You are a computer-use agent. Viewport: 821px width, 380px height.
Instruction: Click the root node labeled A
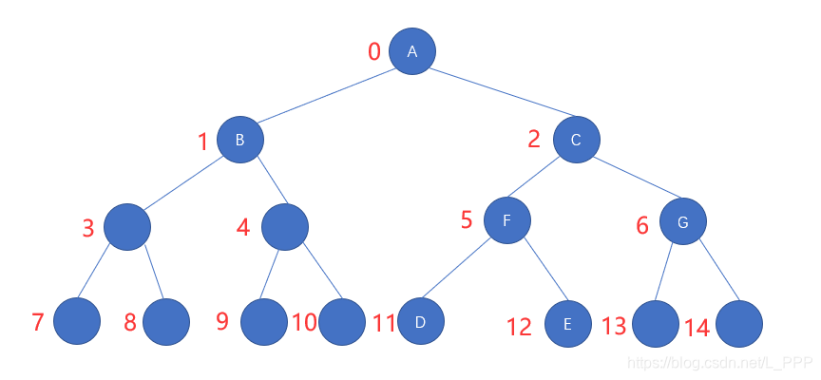tap(412, 51)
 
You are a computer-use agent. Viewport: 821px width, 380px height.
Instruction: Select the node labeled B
tap(240, 140)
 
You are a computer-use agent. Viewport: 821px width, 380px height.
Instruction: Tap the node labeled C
tap(577, 141)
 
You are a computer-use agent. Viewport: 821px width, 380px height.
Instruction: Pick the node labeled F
tap(507, 220)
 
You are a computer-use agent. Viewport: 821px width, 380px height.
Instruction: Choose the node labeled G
tap(683, 222)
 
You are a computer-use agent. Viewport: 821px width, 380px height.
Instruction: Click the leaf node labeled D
tap(421, 322)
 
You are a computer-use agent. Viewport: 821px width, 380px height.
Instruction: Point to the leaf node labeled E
tap(568, 324)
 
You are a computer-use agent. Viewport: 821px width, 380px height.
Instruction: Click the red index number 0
tap(374, 51)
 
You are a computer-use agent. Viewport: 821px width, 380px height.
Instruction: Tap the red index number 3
tap(88, 228)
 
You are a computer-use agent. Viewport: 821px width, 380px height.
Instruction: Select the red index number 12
tap(519, 328)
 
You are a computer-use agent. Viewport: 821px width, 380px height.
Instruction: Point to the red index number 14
tap(697, 328)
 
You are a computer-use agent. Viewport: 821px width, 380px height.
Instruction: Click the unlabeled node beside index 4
tap(284, 226)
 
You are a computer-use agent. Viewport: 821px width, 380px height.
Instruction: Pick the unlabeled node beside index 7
tap(77, 321)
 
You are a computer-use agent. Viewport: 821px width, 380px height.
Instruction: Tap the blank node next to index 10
tap(342, 322)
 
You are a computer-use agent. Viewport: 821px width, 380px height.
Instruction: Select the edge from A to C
tap(495, 96)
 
